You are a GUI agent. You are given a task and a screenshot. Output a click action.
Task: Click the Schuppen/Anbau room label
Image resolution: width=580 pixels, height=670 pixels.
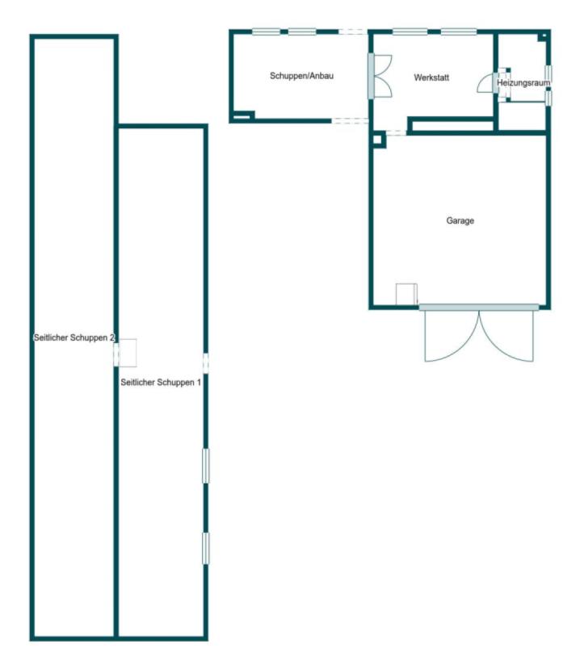[x=301, y=76]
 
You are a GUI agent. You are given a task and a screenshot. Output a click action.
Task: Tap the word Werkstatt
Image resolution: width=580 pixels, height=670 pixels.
[x=431, y=77]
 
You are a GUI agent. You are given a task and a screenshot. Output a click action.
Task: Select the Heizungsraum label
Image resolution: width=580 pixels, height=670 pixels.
[x=523, y=83]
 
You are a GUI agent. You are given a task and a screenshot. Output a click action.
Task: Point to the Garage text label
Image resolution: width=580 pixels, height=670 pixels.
[x=460, y=221]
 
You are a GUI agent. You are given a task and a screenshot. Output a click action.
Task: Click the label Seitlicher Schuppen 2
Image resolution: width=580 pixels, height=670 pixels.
[x=74, y=337]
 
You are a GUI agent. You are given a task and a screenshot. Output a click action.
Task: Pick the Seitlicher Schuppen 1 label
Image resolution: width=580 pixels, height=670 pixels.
[x=161, y=383]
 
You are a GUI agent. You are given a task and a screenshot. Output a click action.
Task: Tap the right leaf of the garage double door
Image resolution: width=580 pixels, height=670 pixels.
[x=506, y=337]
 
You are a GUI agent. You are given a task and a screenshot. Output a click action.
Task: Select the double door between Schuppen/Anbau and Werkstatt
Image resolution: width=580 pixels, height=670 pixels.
[x=380, y=76]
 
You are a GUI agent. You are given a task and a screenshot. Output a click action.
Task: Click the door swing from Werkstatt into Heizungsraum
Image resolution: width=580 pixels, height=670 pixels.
[x=487, y=84]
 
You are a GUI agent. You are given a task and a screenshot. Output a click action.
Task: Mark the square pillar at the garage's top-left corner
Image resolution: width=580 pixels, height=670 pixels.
[x=378, y=140]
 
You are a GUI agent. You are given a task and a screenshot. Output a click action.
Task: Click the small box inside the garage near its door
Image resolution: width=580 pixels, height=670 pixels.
[x=406, y=295]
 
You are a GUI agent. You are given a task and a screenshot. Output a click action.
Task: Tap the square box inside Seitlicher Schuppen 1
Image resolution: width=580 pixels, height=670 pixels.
[x=128, y=353]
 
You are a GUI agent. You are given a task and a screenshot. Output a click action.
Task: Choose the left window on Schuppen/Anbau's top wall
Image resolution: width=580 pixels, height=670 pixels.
[x=266, y=31]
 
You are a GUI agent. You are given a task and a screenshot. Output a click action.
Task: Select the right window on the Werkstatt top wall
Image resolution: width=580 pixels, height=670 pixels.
[x=459, y=31]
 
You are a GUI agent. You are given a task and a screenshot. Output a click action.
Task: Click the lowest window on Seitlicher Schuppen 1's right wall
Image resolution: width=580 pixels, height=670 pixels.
[x=206, y=548]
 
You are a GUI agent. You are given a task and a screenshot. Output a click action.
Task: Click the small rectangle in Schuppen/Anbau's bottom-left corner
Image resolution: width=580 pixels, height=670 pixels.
[x=242, y=115]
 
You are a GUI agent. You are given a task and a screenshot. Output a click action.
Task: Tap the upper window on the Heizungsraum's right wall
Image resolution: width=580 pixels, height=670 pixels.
[x=548, y=73]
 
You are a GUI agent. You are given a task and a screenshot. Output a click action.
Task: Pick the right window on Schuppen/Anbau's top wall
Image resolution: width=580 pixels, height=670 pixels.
[x=302, y=31]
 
